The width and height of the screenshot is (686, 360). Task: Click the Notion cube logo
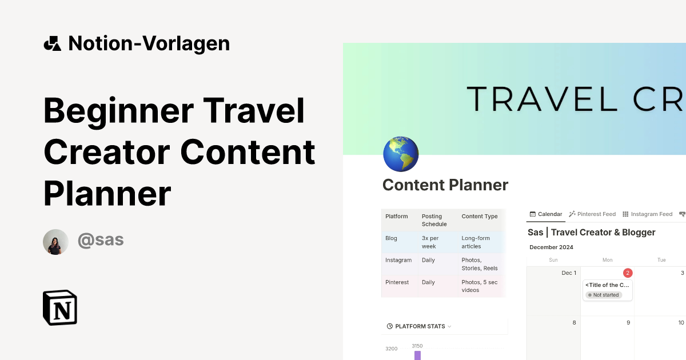[60, 307]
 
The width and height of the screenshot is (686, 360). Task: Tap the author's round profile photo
[55, 242]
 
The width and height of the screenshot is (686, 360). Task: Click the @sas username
[101, 240]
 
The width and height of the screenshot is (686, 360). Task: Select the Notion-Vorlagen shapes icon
[52, 43]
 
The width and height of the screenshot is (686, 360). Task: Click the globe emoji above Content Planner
[400, 154]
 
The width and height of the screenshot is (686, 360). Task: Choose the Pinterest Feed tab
[592, 214]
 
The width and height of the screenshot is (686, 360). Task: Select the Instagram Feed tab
[647, 214]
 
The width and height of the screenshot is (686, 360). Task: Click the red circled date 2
[628, 273]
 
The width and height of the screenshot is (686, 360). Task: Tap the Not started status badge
[603, 295]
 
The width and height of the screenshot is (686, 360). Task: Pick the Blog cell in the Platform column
[392, 238]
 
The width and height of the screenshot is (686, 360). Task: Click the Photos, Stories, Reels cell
[479, 264]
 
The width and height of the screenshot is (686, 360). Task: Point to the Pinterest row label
[397, 282]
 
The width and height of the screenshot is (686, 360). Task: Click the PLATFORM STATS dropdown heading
[420, 326]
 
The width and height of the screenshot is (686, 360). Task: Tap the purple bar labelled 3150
[417, 355]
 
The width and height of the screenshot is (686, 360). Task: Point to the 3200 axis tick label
[392, 349]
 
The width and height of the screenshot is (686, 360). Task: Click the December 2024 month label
[551, 247]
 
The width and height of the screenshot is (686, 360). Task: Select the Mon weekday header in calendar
[607, 260]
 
